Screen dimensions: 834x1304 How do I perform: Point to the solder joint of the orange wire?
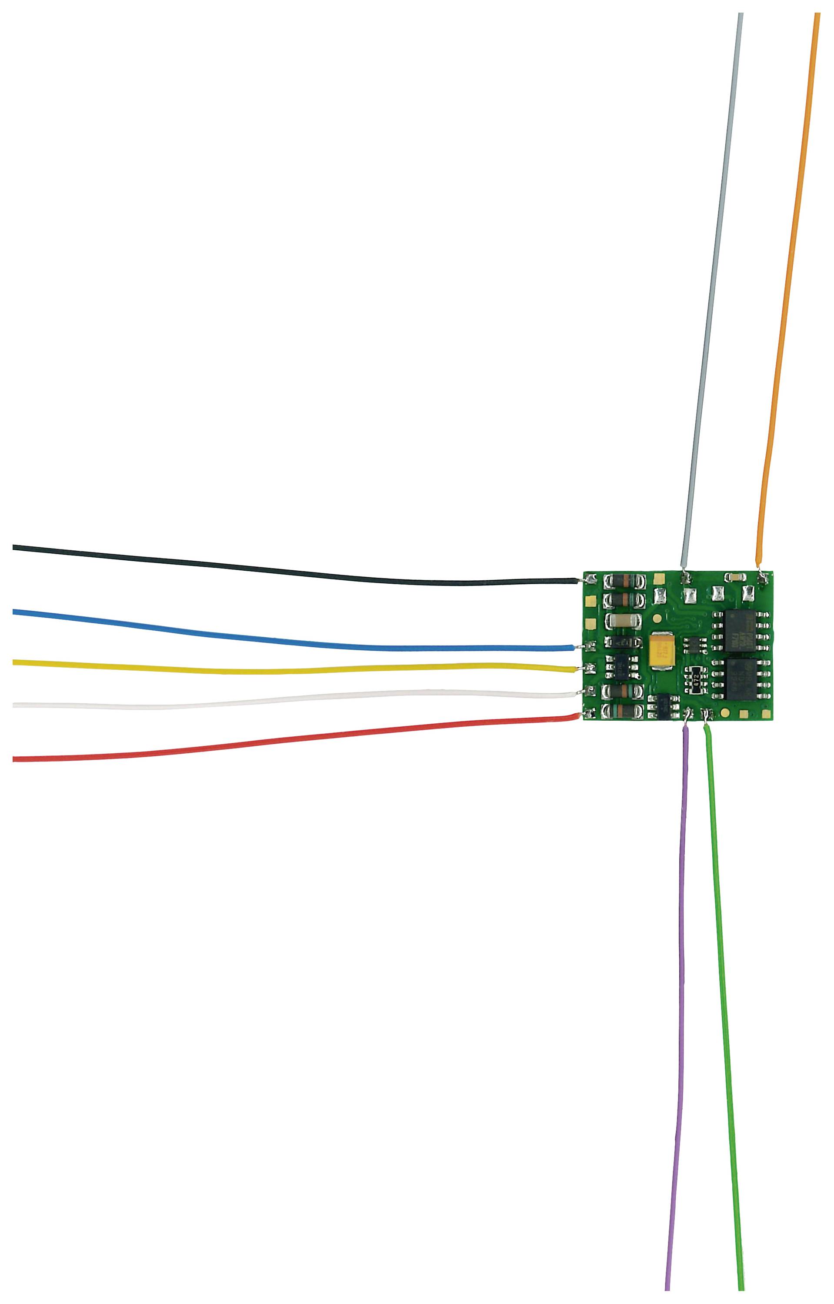[x=764, y=579]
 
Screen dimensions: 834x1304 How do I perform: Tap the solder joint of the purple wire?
[x=688, y=714]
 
